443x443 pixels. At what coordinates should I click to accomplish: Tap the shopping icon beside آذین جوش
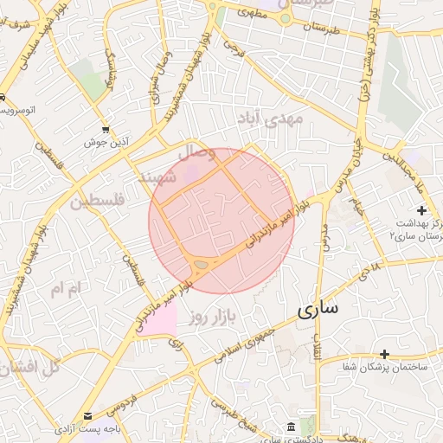pos(106,128)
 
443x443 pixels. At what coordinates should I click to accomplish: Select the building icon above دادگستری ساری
pos(288,427)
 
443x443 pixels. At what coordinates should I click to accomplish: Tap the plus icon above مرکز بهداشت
pos(421,210)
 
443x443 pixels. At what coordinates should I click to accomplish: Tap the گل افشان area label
pos(30,367)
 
